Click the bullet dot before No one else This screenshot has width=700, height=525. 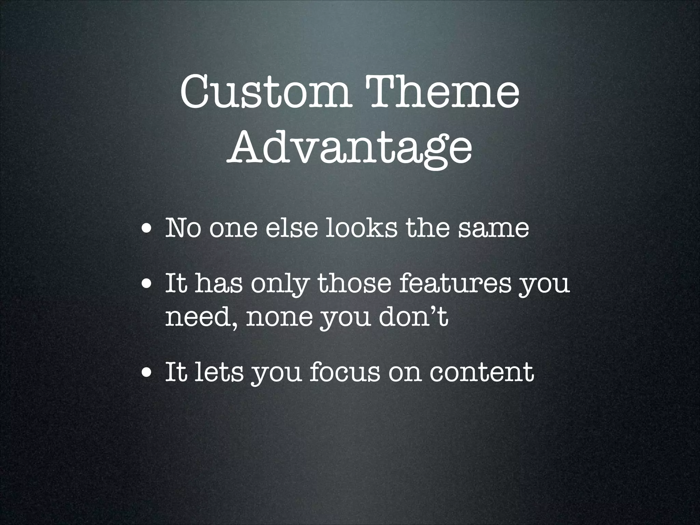[x=147, y=228]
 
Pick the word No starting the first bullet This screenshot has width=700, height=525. [x=183, y=228]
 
